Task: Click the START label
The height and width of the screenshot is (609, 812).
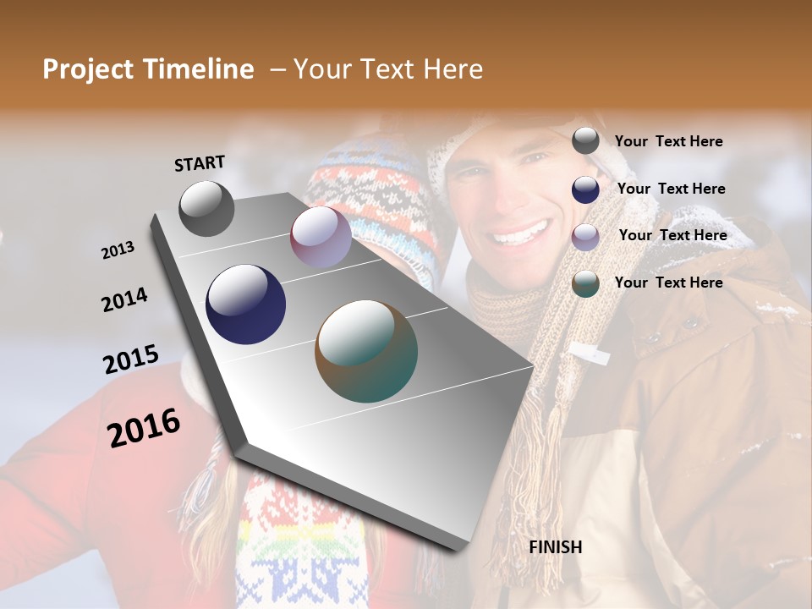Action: (x=200, y=163)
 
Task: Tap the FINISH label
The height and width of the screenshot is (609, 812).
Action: (x=555, y=547)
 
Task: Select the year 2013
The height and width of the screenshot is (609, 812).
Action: (x=118, y=250)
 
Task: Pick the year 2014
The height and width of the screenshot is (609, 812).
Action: (x=124, y=300)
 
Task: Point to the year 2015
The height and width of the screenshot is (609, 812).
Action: (x=130, y=359)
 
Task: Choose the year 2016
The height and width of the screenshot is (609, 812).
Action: (x=144, y=428)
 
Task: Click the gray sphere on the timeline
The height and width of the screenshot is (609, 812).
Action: (x=206, y=208)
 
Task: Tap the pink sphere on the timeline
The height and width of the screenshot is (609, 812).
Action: (x=321, y=237)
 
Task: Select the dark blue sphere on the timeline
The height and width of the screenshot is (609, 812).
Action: (x=245, y=304)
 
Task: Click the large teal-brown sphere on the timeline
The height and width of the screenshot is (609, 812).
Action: (x=366, y=351)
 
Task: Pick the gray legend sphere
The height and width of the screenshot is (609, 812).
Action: (x=585, y=140)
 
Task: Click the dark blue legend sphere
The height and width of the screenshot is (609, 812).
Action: (x=585, y=189)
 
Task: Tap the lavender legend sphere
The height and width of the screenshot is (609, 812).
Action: (x=585, y=237)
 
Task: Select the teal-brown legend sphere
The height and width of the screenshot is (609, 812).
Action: (x=585, y=284)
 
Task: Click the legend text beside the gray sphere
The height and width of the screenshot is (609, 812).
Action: (x=668, y=141)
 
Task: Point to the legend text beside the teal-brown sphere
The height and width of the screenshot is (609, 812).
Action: (x=668, y=283)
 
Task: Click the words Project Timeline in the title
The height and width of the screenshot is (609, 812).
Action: (x=148, y=69)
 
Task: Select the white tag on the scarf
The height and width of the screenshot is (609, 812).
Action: (x=590, y=353)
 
